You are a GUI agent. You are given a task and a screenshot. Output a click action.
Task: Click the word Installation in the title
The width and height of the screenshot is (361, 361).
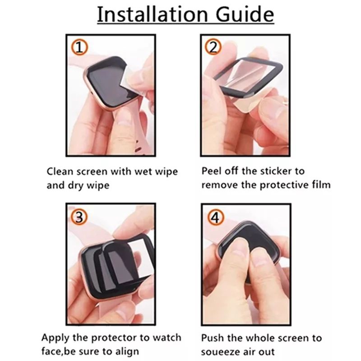pyautogui.click(x=153, y=14)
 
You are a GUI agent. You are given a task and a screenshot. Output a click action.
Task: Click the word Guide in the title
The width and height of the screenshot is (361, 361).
pyautogui.click(x=245, y=14)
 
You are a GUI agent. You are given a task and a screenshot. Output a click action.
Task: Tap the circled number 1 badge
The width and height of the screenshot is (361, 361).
pyautogui.click(x=79, y=47)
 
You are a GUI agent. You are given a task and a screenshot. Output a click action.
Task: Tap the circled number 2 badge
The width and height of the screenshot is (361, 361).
pyautogui.click(x=213, y=47)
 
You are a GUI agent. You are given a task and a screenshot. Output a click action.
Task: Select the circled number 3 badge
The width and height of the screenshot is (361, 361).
pyautogui.click(x=79, y=217)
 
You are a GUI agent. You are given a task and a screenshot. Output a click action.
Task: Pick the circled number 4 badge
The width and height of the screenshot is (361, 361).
pyautogui.click(x=216, y=217)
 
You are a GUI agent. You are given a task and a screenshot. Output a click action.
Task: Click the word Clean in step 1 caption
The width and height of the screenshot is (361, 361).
pyautogui.click(x=60, y=171)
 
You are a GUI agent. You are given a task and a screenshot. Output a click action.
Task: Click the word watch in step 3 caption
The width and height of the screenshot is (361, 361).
pyautogui.click(x=167, y=338)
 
